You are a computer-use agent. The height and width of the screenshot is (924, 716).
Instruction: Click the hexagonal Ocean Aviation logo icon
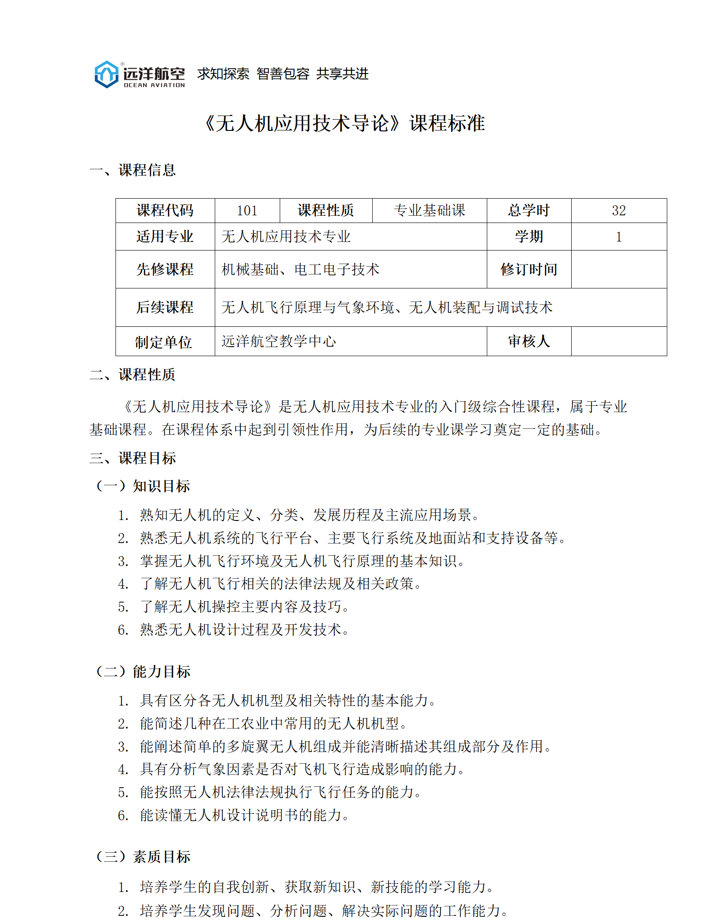106,74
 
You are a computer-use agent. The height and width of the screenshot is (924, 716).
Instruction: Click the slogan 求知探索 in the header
223,74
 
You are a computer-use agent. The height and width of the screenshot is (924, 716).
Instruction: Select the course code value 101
247,210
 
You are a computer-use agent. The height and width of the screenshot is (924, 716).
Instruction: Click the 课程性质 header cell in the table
326,210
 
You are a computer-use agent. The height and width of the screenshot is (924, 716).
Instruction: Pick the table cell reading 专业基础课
429,210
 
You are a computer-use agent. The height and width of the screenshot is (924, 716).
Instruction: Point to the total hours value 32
619,210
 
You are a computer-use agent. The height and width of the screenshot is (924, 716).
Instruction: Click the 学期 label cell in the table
529,237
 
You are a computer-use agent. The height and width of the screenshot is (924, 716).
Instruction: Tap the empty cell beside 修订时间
619,269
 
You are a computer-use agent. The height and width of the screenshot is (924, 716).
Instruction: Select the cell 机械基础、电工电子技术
300,269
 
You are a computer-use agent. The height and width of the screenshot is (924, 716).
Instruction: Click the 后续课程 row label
165,307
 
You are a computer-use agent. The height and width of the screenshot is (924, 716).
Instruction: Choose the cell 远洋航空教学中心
279,341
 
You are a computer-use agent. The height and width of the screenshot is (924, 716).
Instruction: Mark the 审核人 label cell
529,341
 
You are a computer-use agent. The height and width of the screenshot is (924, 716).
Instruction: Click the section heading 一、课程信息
133,170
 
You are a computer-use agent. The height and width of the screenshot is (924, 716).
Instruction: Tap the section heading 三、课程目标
133,458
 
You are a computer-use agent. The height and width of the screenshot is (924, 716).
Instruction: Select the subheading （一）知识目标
143,486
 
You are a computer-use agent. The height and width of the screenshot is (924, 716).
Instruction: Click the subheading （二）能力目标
143,672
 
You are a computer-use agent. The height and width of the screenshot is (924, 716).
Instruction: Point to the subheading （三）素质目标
143,857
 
